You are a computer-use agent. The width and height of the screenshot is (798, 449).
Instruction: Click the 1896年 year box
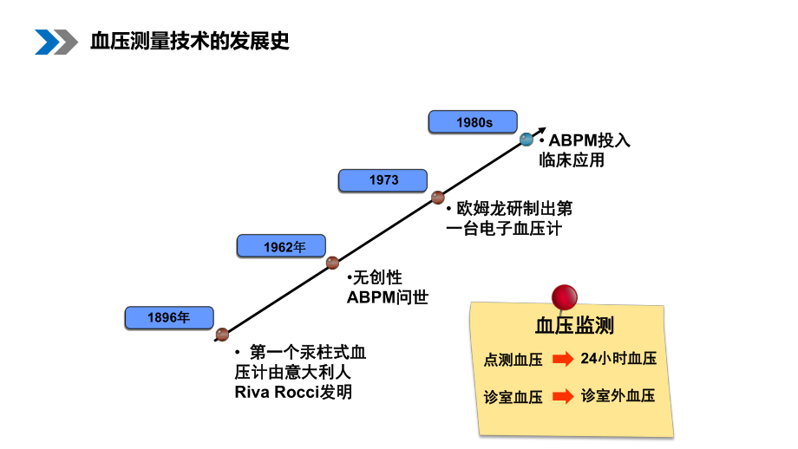coord(168,318)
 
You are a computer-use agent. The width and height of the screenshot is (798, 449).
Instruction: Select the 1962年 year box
coord(285,247)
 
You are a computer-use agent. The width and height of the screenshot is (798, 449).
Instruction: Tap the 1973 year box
coord(383,180)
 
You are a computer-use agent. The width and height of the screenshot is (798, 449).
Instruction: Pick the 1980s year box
coord(474,123)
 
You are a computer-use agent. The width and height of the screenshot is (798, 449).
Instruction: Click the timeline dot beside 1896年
coord(222,335)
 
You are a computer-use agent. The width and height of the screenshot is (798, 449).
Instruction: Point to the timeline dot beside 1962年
coord(332,263)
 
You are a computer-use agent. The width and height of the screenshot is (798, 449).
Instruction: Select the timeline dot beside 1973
coord(438,197)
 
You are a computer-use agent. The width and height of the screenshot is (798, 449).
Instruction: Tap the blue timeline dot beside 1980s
coord(526,140)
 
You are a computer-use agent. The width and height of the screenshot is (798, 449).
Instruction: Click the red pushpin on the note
coord(566,296)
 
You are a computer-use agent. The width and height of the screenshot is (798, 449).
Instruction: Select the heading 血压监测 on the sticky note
coord(573,326)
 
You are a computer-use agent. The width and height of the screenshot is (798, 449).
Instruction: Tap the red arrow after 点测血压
coord(563,359)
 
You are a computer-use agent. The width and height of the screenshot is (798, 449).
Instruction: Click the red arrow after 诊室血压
coord(563,396)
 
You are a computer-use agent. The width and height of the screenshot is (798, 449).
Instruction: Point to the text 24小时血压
coord(618,358)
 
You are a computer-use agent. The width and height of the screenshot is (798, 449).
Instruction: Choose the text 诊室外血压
coord(618,395)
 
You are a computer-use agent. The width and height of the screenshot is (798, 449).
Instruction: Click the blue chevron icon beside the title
coord(55,41)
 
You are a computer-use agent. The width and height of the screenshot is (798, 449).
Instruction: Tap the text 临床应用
coord(571,160)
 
